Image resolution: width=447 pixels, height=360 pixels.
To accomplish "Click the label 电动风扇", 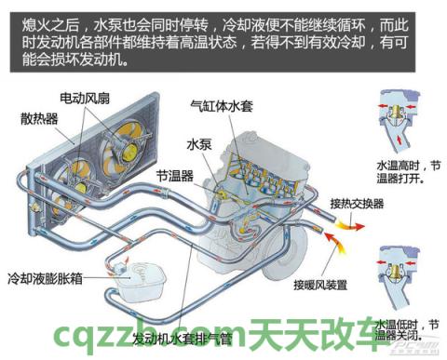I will (x=88, y=97).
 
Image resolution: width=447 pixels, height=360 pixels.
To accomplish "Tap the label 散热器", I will (x=38, y=118).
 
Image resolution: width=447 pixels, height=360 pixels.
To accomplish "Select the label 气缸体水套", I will (x=222, y=105).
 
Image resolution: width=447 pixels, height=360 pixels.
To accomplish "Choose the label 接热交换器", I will (x=357, y=203).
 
